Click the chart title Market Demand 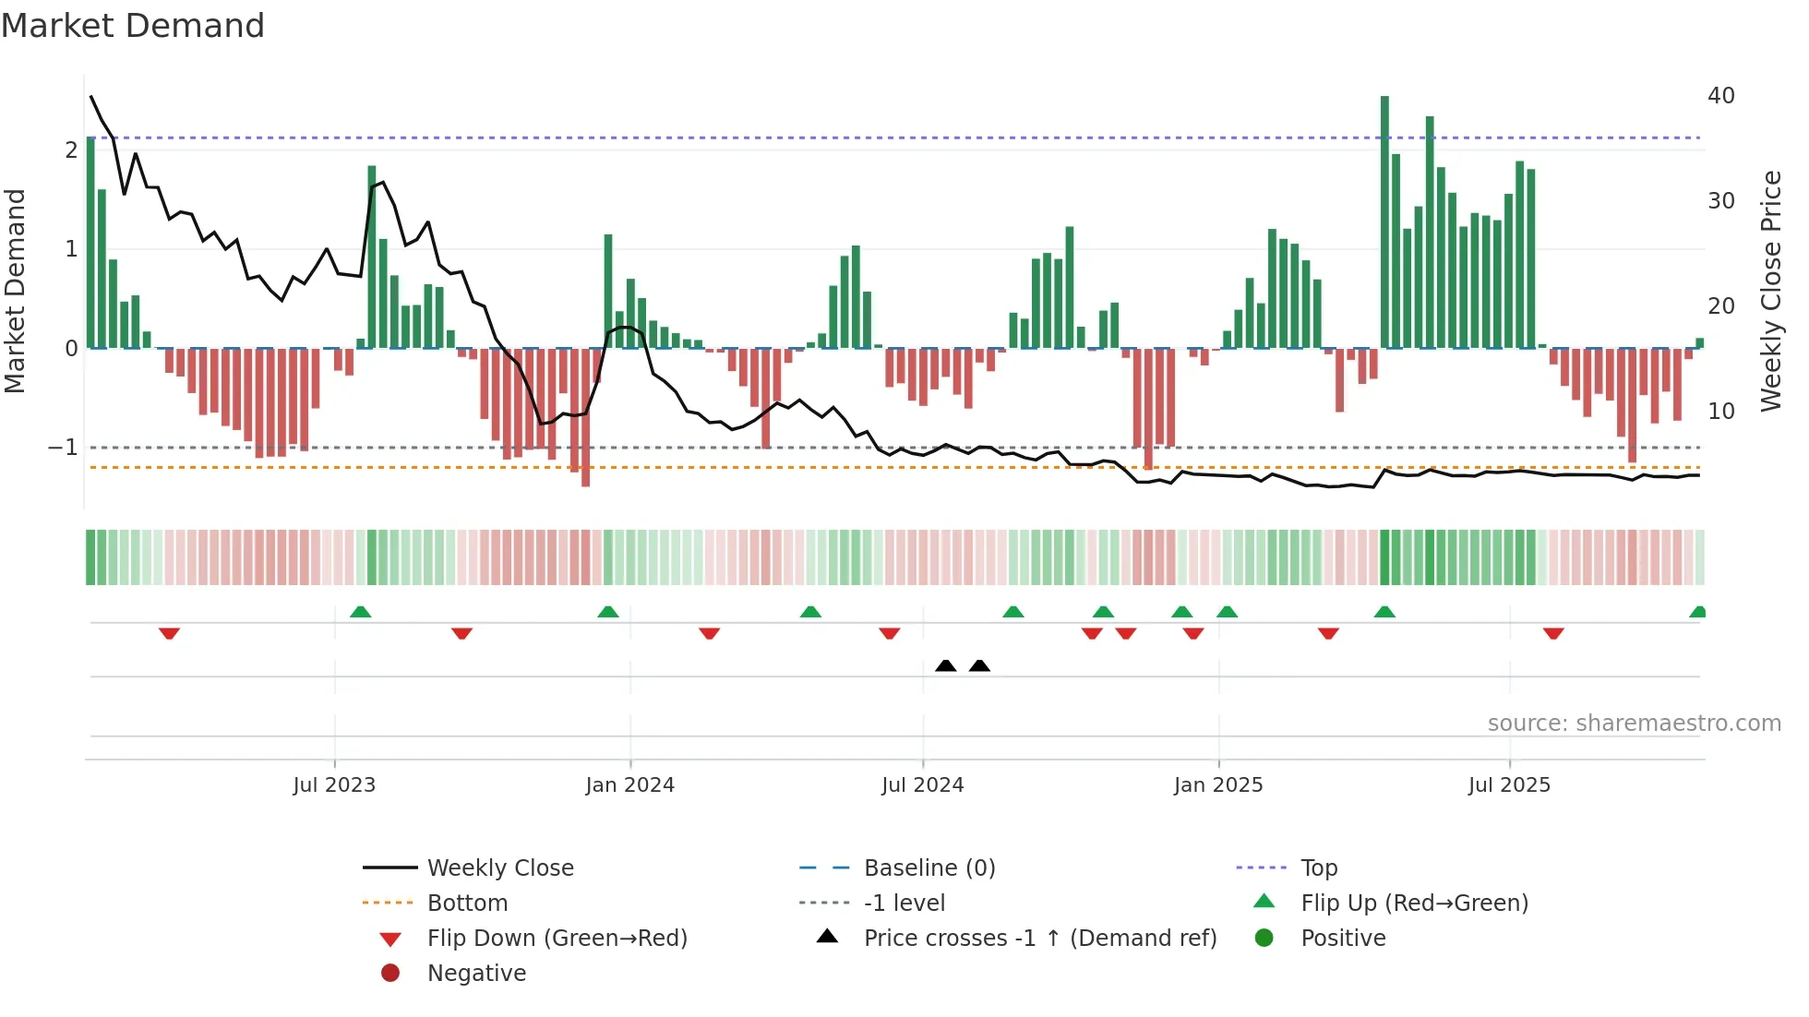[133, 26]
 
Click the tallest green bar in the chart [1384, 221]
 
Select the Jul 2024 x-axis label [922, 785]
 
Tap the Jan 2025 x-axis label [1217, 785]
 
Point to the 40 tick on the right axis [1720, 96]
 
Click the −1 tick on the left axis [64, 448]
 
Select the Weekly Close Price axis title [1770, 291]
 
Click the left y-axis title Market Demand [16, 291]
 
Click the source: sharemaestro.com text [1634, 724]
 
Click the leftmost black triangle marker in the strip [945, 665]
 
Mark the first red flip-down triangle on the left [169, 633]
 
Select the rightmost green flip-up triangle [1697, 612]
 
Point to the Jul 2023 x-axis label [334, 785]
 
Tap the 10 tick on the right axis [1720, 412]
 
